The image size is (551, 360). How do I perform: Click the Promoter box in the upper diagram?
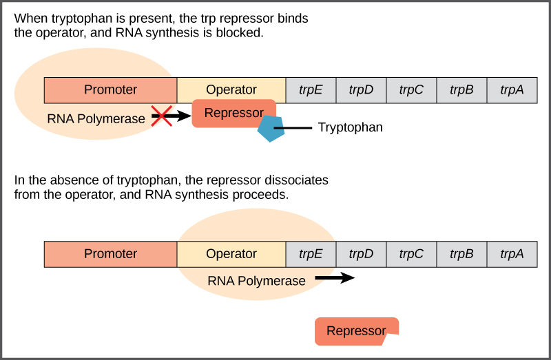pyautogui.click(x=110, y=89)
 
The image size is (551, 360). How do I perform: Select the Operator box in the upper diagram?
pyautogui.click(x=231, y=89)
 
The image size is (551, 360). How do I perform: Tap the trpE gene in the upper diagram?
pyautogui.click(x=311, y=89)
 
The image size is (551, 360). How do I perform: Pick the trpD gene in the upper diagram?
pyautogui.click(x=361, y=89)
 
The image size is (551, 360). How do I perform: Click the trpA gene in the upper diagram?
pyautogui.click(x=512, y=89)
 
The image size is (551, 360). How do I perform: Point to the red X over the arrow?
pyautogui.click(x=161, y=116)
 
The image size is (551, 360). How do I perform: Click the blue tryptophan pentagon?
pyautogui.click(x=271, y=129)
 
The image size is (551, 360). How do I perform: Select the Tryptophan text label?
pyautogui.click(x=350, y=128)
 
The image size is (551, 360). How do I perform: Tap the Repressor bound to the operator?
pyautogui.click(x=233, y=113)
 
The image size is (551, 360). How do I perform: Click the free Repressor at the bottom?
pyautogui.click(x=355, y=331)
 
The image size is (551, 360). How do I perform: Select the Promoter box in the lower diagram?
pyautogui.click(x=110, y=254)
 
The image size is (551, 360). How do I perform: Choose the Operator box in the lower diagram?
pyautogui.click(x=231, y=254)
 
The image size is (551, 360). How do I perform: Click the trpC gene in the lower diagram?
pyautogui.click(x=411, y=254)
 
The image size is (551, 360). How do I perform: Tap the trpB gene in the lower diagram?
pyautogui.click(x=461, y=254)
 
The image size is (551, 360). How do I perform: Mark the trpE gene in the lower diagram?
pyautogui.click(x=311, y=254)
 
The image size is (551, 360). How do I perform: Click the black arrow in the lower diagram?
pyautogui.click(x=335, y=278)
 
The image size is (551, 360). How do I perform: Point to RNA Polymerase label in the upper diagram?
pyautogui.click(x=96, y=118)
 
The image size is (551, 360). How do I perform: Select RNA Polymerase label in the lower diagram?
pyautogui.click(x=256, y=281)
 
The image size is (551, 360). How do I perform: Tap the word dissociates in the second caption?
pyautogui.click(x=295, y=180)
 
